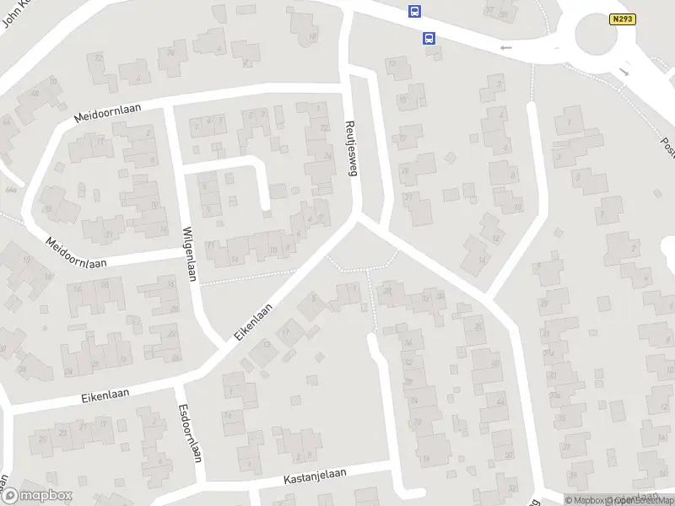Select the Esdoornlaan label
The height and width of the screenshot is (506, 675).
tap(186, 431)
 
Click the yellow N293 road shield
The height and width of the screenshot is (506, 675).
tap(622, 19)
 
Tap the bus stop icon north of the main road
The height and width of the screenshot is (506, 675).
tap(414, 11)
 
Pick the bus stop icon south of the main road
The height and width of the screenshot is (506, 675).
tap(429, 38)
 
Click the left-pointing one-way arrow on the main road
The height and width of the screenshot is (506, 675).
tap(505, 48)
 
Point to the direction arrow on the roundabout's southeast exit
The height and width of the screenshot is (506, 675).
tap(624, 73)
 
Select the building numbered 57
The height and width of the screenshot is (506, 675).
tap(489, 10)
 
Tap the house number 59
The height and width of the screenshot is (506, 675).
tap(503, 14)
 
